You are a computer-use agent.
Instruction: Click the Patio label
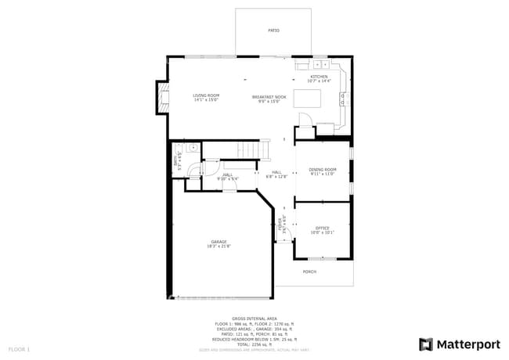coord(273,31)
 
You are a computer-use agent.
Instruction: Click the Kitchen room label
coord(319,78)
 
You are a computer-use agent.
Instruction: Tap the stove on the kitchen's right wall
coord(343,98)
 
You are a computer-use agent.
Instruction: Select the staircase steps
coord(253,149)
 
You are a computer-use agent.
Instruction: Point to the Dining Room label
coord(322,171)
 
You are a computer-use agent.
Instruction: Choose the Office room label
coord(322,230)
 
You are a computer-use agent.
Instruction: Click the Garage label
coord(218,243)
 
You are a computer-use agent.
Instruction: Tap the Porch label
coord(309,272)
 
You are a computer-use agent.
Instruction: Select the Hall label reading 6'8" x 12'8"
coord(276,174)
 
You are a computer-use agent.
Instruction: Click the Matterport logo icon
coord(426,344)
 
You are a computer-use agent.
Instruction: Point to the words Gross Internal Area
coord(254,319)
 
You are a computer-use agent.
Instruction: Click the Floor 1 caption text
coord(19,348)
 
